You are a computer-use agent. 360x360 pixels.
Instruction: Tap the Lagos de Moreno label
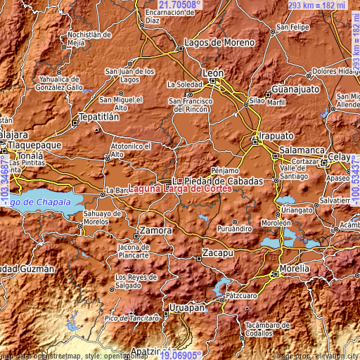tap(219, 42)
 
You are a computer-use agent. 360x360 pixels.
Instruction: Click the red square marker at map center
tap(180, 180)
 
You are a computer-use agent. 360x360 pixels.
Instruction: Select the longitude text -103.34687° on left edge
tap(5, 180)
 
